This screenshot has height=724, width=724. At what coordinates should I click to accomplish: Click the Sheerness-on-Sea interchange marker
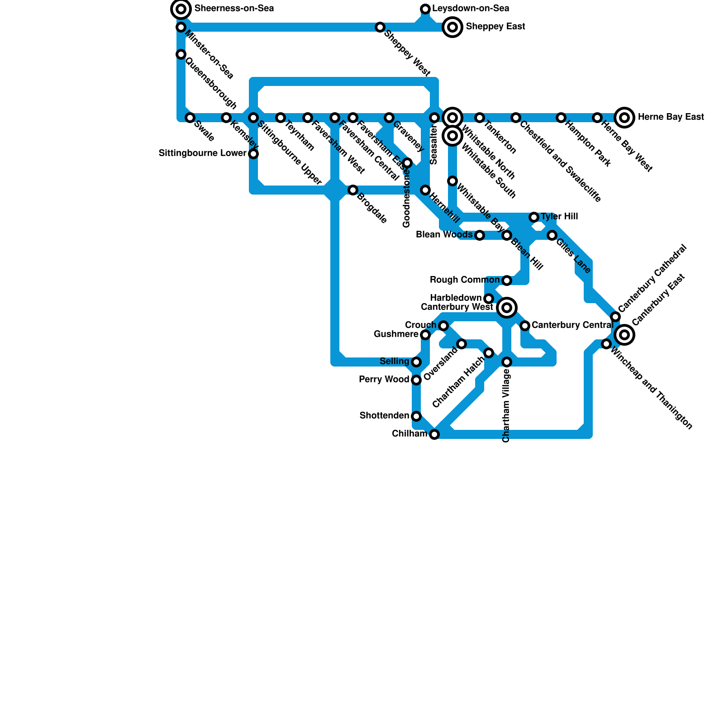click(x=181, y=9)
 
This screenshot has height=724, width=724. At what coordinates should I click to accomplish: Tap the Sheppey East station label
click(x=495, y=27)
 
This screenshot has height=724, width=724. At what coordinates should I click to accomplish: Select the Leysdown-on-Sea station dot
click(x=425, y=9)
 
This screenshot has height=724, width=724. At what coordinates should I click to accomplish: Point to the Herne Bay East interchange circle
click(x=624, y=118)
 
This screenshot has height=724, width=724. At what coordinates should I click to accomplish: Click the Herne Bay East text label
click(x=671, y=117)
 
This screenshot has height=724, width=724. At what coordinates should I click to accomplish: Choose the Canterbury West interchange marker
click(x=507, y=308)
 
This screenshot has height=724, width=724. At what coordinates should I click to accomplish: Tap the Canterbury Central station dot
click(x=525, y=326)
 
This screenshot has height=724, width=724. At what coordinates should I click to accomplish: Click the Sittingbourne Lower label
click(x=202, y=153)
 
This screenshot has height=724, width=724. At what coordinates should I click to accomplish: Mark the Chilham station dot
click(x=434, y=434)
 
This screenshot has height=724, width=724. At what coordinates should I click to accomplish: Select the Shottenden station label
click(x=384, y=415)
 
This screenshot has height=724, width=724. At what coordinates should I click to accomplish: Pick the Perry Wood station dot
click(x=416, y=380)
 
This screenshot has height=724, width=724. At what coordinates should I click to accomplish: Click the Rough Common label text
click(x=464, y=280)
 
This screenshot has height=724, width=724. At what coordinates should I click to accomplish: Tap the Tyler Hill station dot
click(x=534, y=217)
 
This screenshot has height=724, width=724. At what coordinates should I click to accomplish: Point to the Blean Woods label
click(x=444, y=235)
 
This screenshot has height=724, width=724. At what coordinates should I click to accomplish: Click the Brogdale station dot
click(x=353, y=190)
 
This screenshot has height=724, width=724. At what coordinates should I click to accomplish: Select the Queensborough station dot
click(x=181, y=54)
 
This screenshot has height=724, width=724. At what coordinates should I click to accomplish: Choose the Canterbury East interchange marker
click(x=624, y=335)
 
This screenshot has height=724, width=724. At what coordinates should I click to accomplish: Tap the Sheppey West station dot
click(x=380, y=27)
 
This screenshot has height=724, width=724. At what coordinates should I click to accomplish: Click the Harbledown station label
click(x=456, y=298)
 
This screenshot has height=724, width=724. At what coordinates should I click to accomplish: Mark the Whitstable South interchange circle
click(x=452, y=136)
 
